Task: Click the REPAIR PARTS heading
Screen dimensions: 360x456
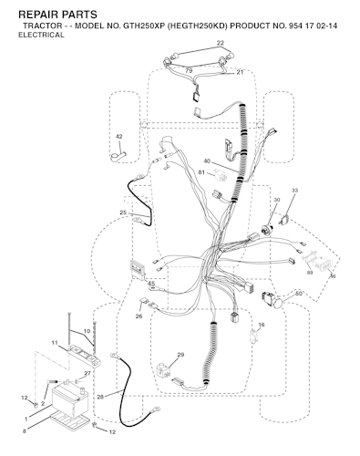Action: tap(57, 15)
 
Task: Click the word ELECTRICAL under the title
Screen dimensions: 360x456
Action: tap(41, 35)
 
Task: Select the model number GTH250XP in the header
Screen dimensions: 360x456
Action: tap(143, 26)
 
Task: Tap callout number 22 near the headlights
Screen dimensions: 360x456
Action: tap(221, 43)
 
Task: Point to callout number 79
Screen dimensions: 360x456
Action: tap(189, 71)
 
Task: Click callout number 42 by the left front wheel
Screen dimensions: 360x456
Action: tap(119, 137)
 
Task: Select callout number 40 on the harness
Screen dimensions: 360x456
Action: tap(207, 161)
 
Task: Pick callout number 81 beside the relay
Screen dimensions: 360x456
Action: tap(201, 172)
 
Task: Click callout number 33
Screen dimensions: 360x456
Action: tap(294, 191)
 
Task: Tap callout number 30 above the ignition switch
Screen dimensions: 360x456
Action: tap(277, 200)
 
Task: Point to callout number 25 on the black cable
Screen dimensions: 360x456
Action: tap(123, 212)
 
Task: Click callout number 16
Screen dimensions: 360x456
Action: tap(262, 325)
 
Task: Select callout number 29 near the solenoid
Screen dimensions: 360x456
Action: tap(180, 355)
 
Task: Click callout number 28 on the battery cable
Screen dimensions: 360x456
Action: tap(100, 397)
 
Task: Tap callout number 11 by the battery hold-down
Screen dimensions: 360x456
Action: tap(55, 343)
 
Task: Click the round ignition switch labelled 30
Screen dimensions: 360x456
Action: tap(267, 230)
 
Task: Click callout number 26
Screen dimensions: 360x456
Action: tap(139, 316)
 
